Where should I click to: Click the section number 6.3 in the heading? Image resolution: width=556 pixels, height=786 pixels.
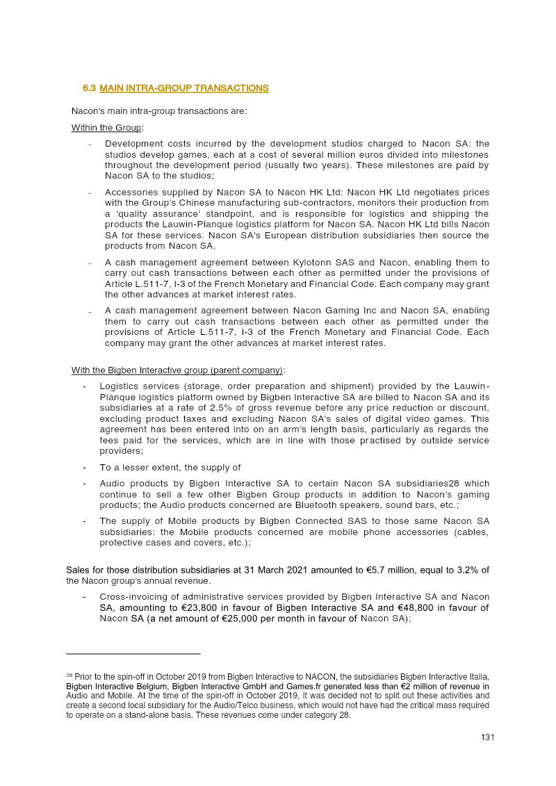89,88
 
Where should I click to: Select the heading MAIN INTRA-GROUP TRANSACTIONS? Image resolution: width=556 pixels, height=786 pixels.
184,88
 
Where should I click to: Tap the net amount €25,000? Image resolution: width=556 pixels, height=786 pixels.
243,619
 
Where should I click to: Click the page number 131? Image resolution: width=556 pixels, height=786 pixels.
487,737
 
